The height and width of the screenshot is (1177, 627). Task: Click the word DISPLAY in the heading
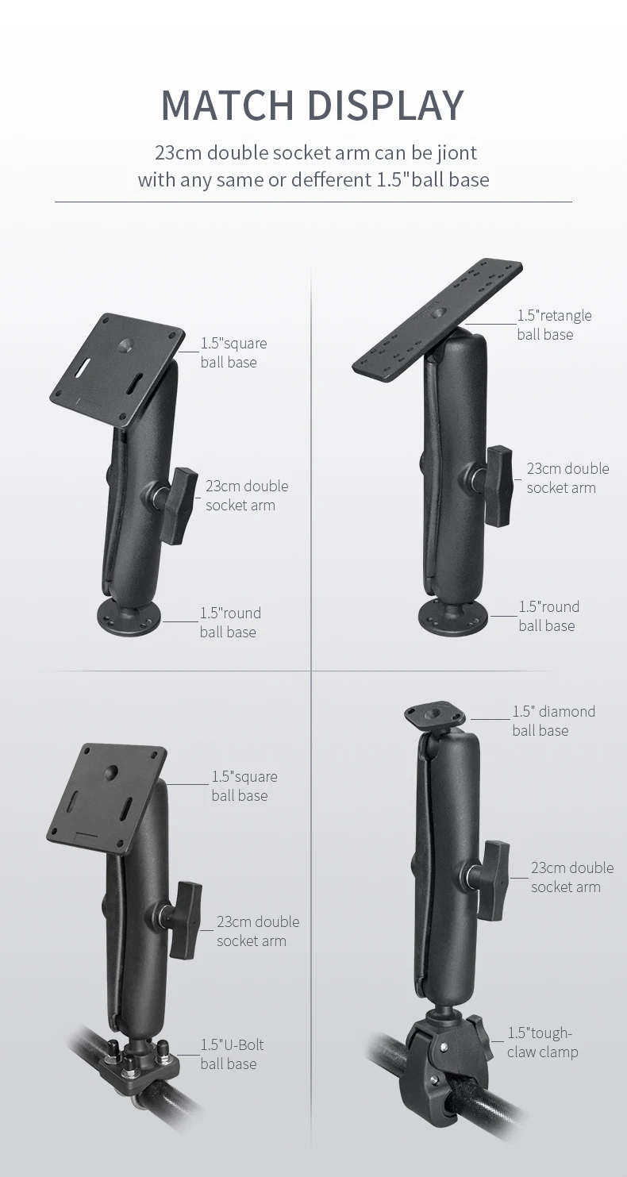385,106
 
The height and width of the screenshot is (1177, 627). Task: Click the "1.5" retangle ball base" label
554,325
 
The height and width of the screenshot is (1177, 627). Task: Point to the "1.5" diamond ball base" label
553,721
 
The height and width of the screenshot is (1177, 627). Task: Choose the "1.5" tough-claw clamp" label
543,1042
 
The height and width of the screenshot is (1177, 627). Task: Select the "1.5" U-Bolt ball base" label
232,1054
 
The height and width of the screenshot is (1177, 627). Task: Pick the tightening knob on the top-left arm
179,505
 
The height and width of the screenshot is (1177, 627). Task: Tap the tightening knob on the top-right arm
499,485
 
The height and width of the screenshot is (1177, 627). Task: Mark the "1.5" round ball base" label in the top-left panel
230,622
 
